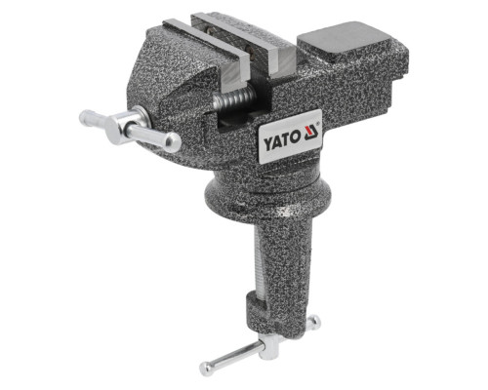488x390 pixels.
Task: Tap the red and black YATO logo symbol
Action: point(311,133)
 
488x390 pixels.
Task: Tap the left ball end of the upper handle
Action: point(86,116)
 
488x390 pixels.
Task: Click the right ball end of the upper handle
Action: point(172,142)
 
